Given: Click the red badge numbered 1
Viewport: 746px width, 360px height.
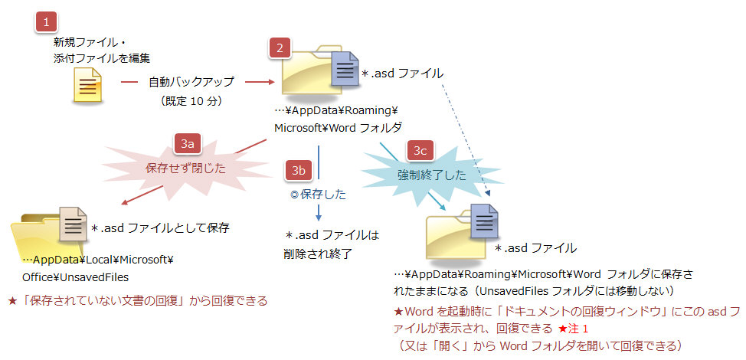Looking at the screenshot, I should (x=46, y=21).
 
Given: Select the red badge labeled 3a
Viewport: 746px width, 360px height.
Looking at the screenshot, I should (x=187, y=142).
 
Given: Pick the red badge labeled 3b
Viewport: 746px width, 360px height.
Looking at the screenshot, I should (x=297, y=170).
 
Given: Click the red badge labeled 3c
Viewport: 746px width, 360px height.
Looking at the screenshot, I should (x=420, y=150).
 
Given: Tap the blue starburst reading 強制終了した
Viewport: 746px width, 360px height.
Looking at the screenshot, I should (x=431, y=175).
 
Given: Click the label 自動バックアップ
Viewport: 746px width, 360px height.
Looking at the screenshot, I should (x=191, y=80).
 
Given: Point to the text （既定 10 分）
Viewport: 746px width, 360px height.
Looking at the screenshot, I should (x=191, y=100).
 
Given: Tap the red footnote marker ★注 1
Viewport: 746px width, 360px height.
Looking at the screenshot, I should (x=574, y=329).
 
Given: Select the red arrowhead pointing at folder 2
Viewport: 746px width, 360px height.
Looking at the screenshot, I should (x=270, y=80).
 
